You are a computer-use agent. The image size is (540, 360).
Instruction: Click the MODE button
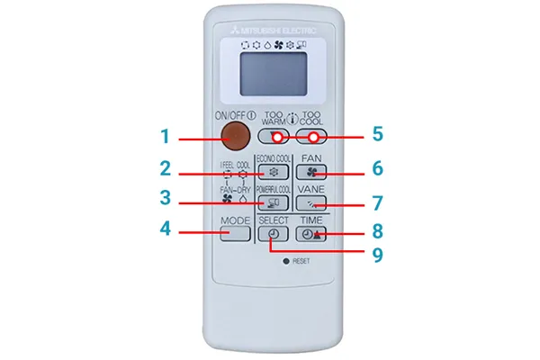point(234,233)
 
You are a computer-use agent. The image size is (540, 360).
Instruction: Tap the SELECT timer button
point(274,234)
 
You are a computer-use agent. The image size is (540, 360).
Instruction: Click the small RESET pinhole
point(285,260)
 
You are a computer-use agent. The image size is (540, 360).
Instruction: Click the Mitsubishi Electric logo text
point(275,28)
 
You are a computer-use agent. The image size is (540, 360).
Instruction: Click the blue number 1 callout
point(166,138)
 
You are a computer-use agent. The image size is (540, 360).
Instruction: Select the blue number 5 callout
point(378,134)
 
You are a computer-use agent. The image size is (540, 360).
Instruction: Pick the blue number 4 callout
point(166,229)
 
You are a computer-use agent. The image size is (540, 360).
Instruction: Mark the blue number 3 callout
point(166,199)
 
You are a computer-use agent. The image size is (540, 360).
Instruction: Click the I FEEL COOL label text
point(236,165)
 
